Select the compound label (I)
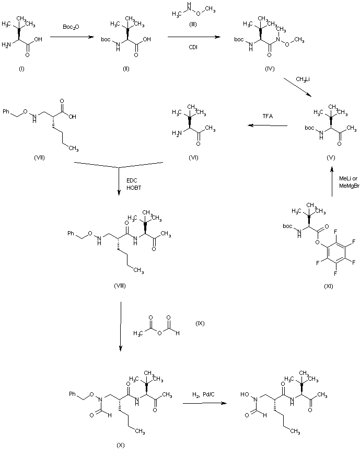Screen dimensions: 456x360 pyautogui.click(x=21, y=70)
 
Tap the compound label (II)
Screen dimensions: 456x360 pyautogui.click(x=126, y=70)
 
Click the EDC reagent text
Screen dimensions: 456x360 pyautogui.click(x=132, y=180)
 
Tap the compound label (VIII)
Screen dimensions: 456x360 pyautogui.click(x=120, y=286)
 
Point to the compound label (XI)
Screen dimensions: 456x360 pyautogui.click(x=328, y=286)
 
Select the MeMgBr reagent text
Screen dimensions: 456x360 pyautogui.click(x=349, y=185)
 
